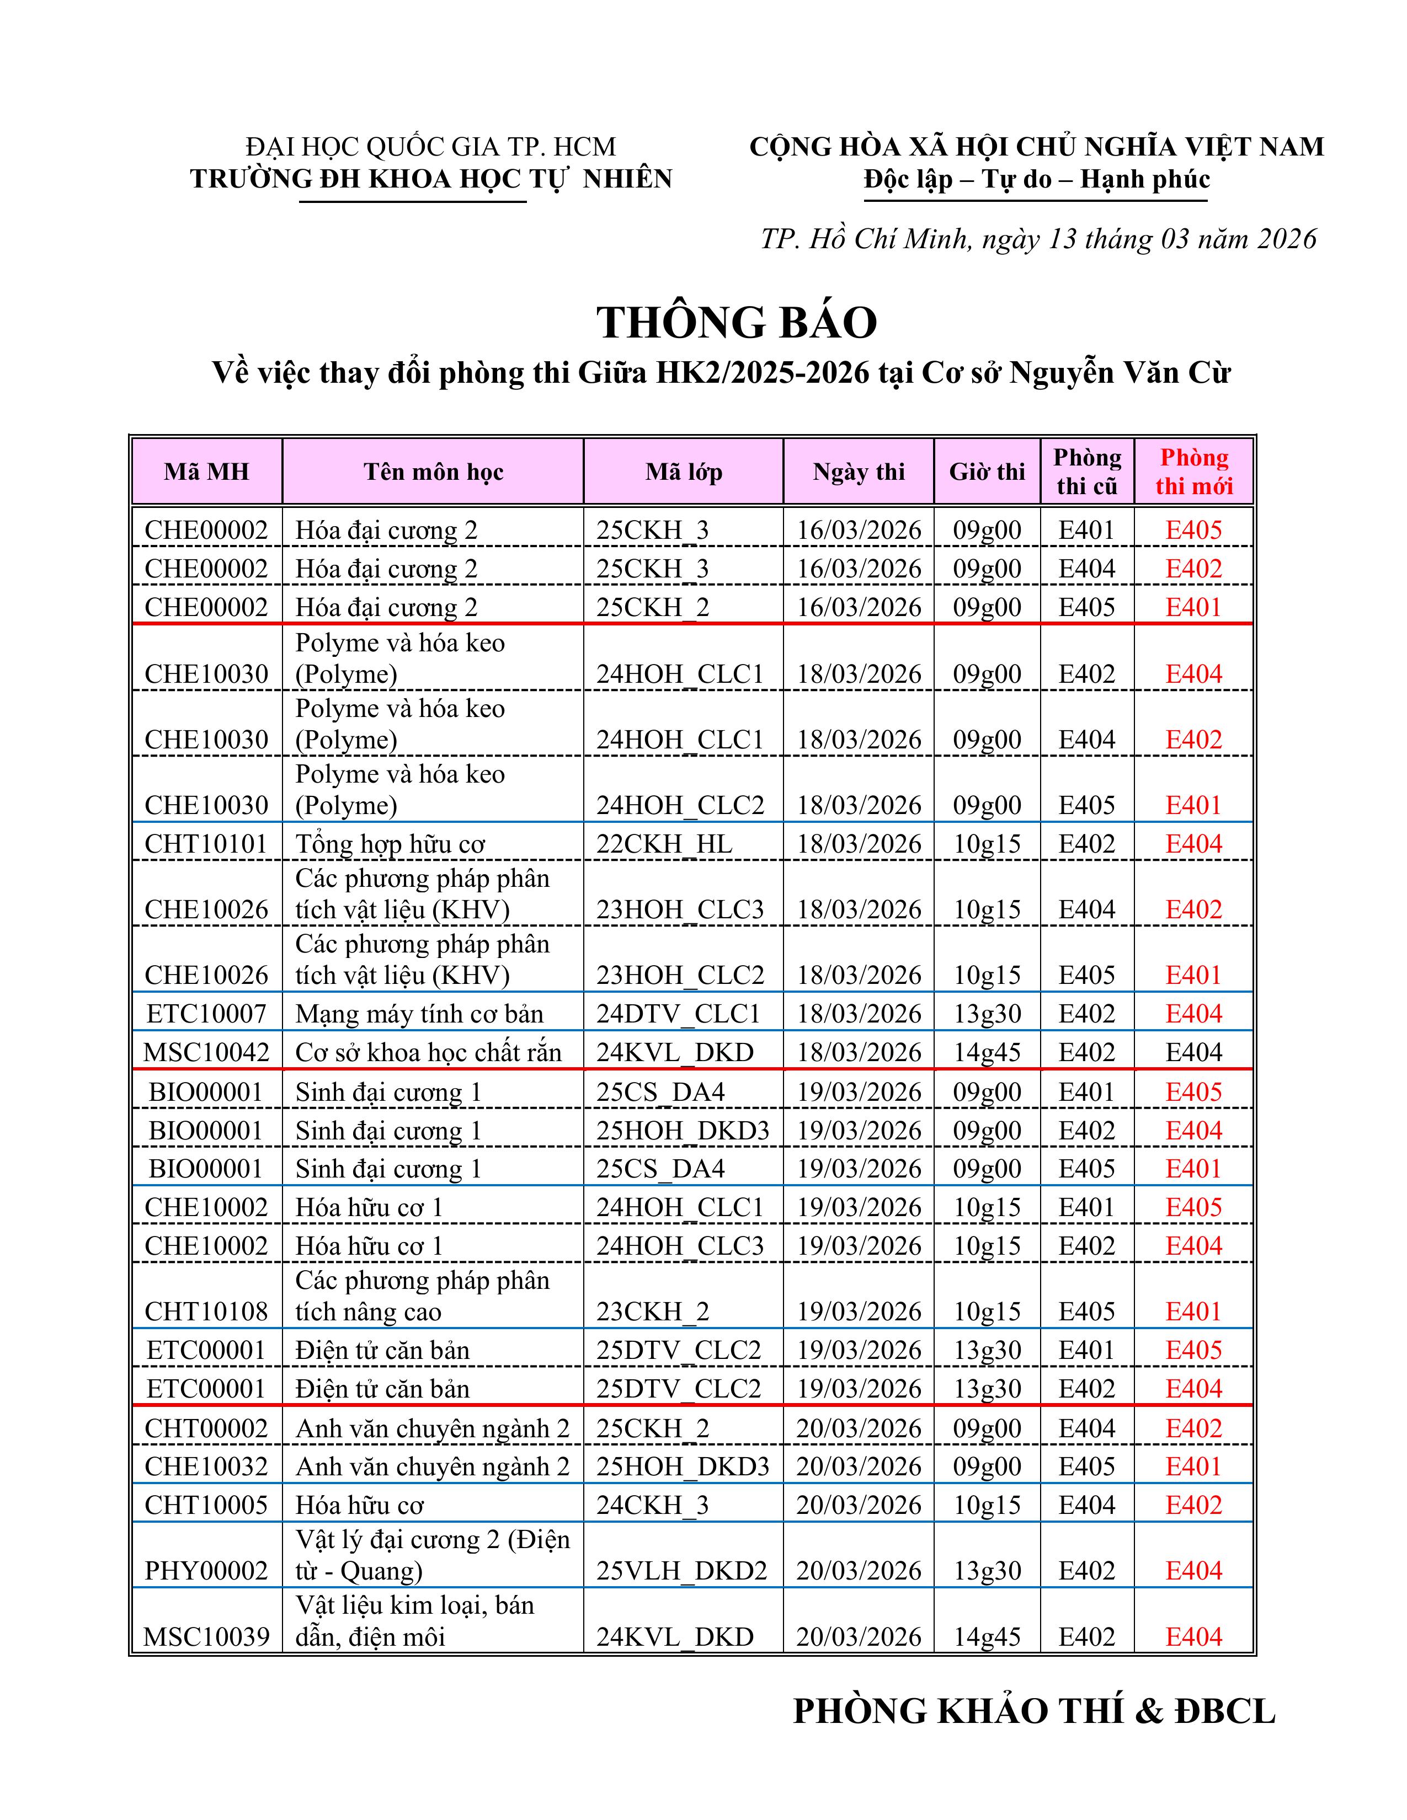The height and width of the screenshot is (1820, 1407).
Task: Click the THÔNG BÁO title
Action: tap(737, 323)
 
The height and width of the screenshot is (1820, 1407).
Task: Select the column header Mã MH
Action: tap(207, 472)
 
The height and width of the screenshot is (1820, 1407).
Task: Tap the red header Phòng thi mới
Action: tap(1193, 472)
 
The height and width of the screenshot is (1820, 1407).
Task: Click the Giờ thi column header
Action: tap(987, 472)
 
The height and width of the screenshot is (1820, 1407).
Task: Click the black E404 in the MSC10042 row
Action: tap(1193, 1052)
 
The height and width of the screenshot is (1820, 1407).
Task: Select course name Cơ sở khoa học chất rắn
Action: tap(428, 1052)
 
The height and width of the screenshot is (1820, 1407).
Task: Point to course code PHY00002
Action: tap(207, 1571)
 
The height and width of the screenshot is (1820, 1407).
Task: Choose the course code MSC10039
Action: tap(207, 1637)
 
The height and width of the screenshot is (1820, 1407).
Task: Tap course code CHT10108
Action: tap(207, 1312)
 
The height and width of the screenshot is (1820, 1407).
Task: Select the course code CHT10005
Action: tap(207, 1505)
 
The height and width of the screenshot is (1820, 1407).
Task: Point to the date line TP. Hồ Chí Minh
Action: tap(1038, 239)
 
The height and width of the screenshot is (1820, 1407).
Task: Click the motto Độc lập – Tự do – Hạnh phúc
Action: tap(1036, 179)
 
